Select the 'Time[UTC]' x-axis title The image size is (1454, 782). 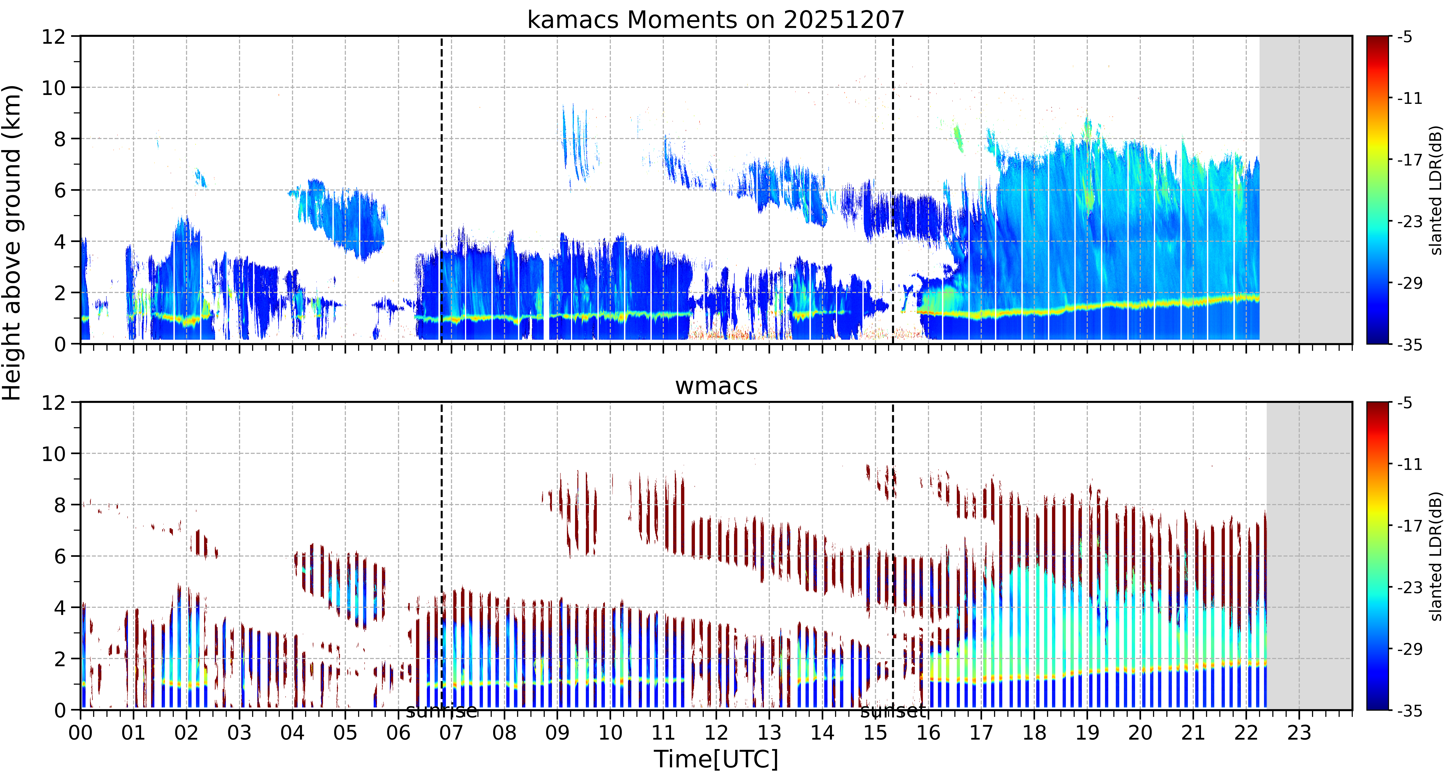[716, 759]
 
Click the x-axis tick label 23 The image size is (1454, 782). [1299, 733]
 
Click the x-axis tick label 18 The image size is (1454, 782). [1034, 733]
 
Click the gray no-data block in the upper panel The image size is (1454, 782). [1306, 190]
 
